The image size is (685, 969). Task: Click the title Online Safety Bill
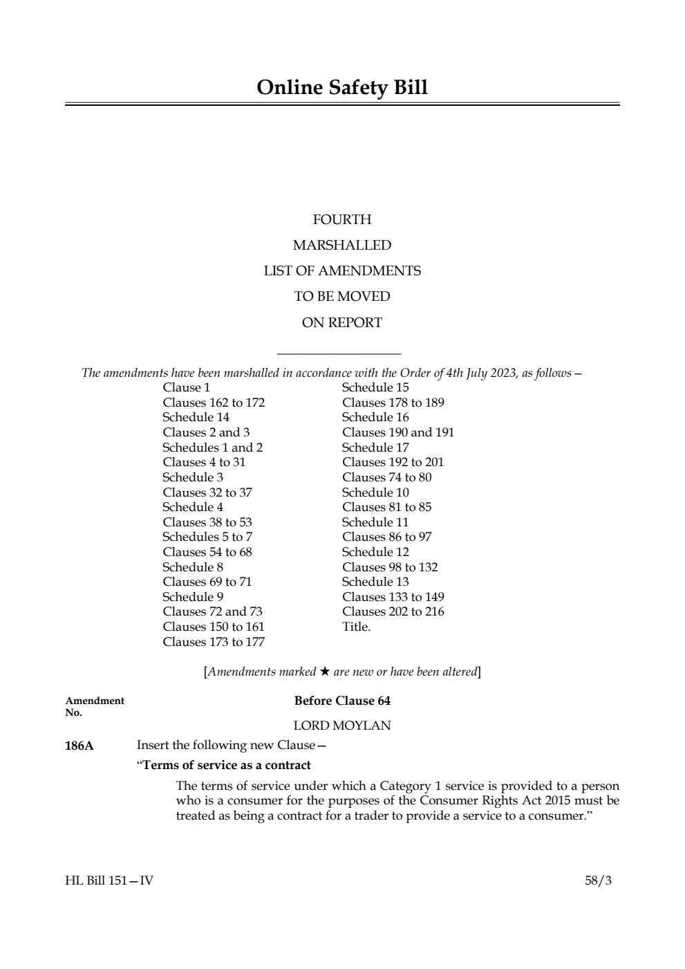[342, 88]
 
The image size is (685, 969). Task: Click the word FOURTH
[342, 220]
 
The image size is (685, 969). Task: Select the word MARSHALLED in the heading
[342, 246]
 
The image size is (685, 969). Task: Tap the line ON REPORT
[342, 322]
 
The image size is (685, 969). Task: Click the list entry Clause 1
[187, 387]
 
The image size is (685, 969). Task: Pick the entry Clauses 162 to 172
[214, 403]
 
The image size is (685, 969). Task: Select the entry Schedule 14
[196, 417]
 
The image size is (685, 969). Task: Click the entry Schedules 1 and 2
[212, 447]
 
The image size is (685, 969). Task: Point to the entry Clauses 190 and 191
[398, 432]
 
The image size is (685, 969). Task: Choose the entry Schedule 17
[375, 447]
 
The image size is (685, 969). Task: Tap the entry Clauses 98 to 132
[390, 567]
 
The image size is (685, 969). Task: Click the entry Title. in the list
[356, 627]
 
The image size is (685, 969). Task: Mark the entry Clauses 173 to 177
[214, 642]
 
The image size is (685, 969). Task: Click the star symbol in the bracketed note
[325, 672]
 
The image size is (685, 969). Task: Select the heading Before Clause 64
[342, 701]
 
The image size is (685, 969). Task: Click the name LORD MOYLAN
[342, 726]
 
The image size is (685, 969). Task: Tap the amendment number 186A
[79, 746]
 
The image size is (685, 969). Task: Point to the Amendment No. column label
[95, 706]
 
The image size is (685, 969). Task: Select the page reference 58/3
[598, 880]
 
